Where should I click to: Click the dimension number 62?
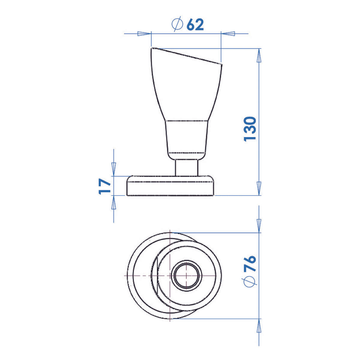pyautogui.click(x=195, y=25)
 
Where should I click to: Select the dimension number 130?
pyautogui.click(x=250, y=129)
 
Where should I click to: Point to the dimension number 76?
pyautogui.click(x=250, y=263)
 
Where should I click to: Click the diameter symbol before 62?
pyautogui.click(x=177, y=25)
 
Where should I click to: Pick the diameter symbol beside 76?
pyautogui.click(x=250, y=281)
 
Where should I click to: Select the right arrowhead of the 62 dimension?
pyautogui.click(x=228, y=34)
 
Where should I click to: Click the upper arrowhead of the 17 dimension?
pyautogui.click(x=114, y=169)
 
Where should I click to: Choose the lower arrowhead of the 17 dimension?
pyautogui.click(x=114, y=203)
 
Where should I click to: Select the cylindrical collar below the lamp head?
pyautogui.click(x=187, y=136)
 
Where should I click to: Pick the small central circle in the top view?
pyautogui.click(x=186, y=275)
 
